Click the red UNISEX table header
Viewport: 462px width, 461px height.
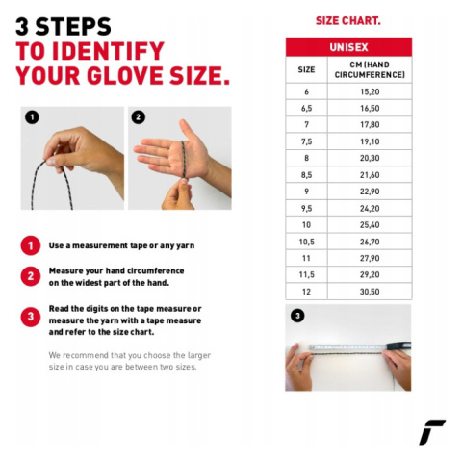coord(348,47)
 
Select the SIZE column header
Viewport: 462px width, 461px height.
coord(306,69)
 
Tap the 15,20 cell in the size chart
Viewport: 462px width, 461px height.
coord(370,91)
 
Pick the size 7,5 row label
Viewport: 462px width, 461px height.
coord(306,141)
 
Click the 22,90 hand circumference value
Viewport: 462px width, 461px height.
coord(370,192)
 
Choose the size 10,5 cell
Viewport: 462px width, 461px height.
coord(306,242)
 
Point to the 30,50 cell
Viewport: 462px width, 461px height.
coord(370,292)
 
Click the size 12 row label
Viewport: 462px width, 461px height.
coord(306,292)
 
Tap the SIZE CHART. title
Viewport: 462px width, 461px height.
coord(348,21)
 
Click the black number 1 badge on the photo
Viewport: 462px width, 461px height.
coord(32,117)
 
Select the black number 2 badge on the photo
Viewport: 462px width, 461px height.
coord(139,117)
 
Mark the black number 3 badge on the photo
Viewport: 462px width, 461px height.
coord(297,316)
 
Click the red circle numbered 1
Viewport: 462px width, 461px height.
coord(31,245)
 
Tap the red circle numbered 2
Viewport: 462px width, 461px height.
coord(31,276)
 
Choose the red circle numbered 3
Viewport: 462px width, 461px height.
coord(31,317)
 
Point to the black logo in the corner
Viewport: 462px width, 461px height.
coord(432,432)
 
